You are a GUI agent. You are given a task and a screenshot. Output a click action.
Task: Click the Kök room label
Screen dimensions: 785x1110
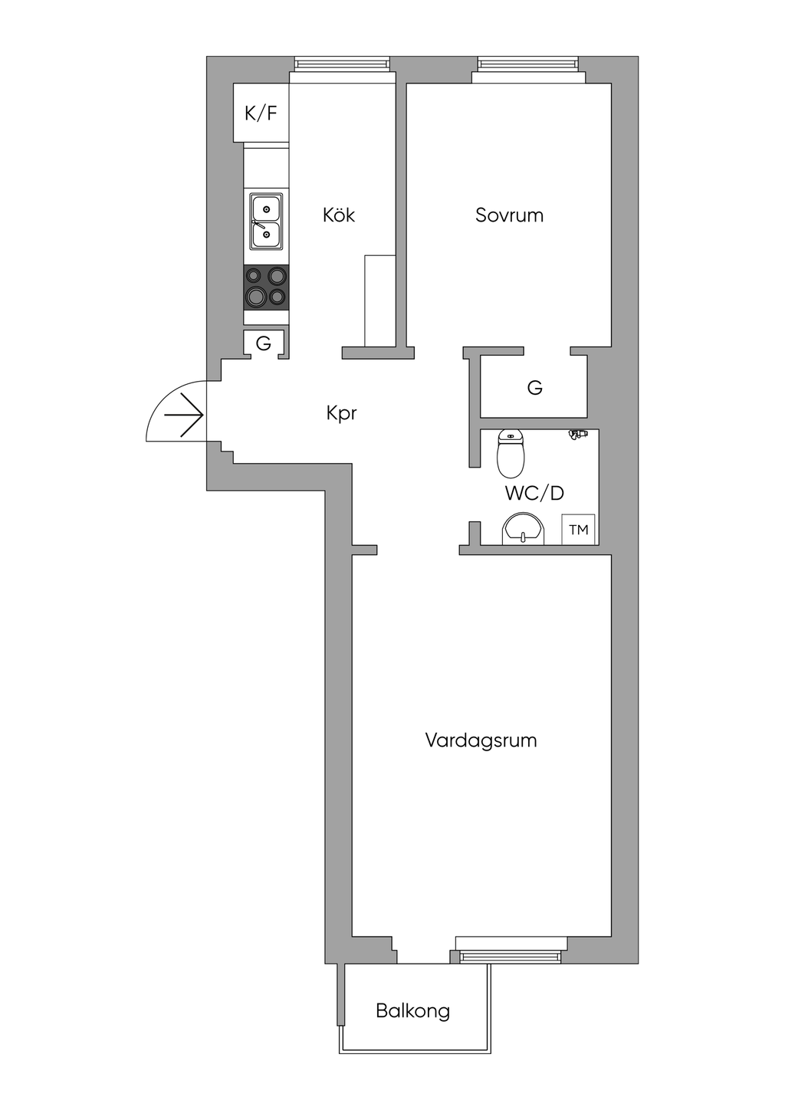coord(339,215)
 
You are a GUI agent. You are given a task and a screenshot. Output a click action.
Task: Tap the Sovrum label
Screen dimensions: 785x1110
coord(510,215)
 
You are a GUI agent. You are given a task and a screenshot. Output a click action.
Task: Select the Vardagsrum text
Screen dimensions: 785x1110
coord(481,741)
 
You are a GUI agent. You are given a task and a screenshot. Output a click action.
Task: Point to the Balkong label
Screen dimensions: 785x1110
coord(413,1010)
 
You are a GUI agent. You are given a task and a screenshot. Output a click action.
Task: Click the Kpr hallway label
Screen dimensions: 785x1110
coord(341,413)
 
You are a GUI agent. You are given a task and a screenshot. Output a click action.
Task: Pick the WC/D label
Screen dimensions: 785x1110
coord(535,493)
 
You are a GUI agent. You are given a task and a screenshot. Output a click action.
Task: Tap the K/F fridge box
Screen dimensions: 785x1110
coord(261,113)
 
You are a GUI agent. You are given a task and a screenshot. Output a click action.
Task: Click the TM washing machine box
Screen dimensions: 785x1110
coord(578,530)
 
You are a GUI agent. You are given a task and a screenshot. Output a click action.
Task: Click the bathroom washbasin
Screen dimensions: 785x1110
coord(524,528)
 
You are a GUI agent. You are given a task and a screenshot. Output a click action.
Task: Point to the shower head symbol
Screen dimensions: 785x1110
coord(578,434)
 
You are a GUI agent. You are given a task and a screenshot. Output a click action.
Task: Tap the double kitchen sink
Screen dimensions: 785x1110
coord(266,221)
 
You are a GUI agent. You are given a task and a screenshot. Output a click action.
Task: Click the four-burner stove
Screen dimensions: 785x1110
coord(266,287)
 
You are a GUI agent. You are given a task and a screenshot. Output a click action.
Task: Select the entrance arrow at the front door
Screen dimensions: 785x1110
coord(183,415)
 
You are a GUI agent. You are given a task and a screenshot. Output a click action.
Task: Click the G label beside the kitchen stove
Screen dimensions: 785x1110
coord(264,343)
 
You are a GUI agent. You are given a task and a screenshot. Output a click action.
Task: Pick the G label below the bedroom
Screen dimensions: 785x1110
coord(535,387)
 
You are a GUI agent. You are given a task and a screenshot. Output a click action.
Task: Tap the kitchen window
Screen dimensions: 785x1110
coord(343,64)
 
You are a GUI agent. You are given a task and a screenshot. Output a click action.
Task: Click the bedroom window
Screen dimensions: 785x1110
coord(527,64)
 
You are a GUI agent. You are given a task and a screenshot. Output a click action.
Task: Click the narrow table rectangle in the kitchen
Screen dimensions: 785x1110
coord(380,300)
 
